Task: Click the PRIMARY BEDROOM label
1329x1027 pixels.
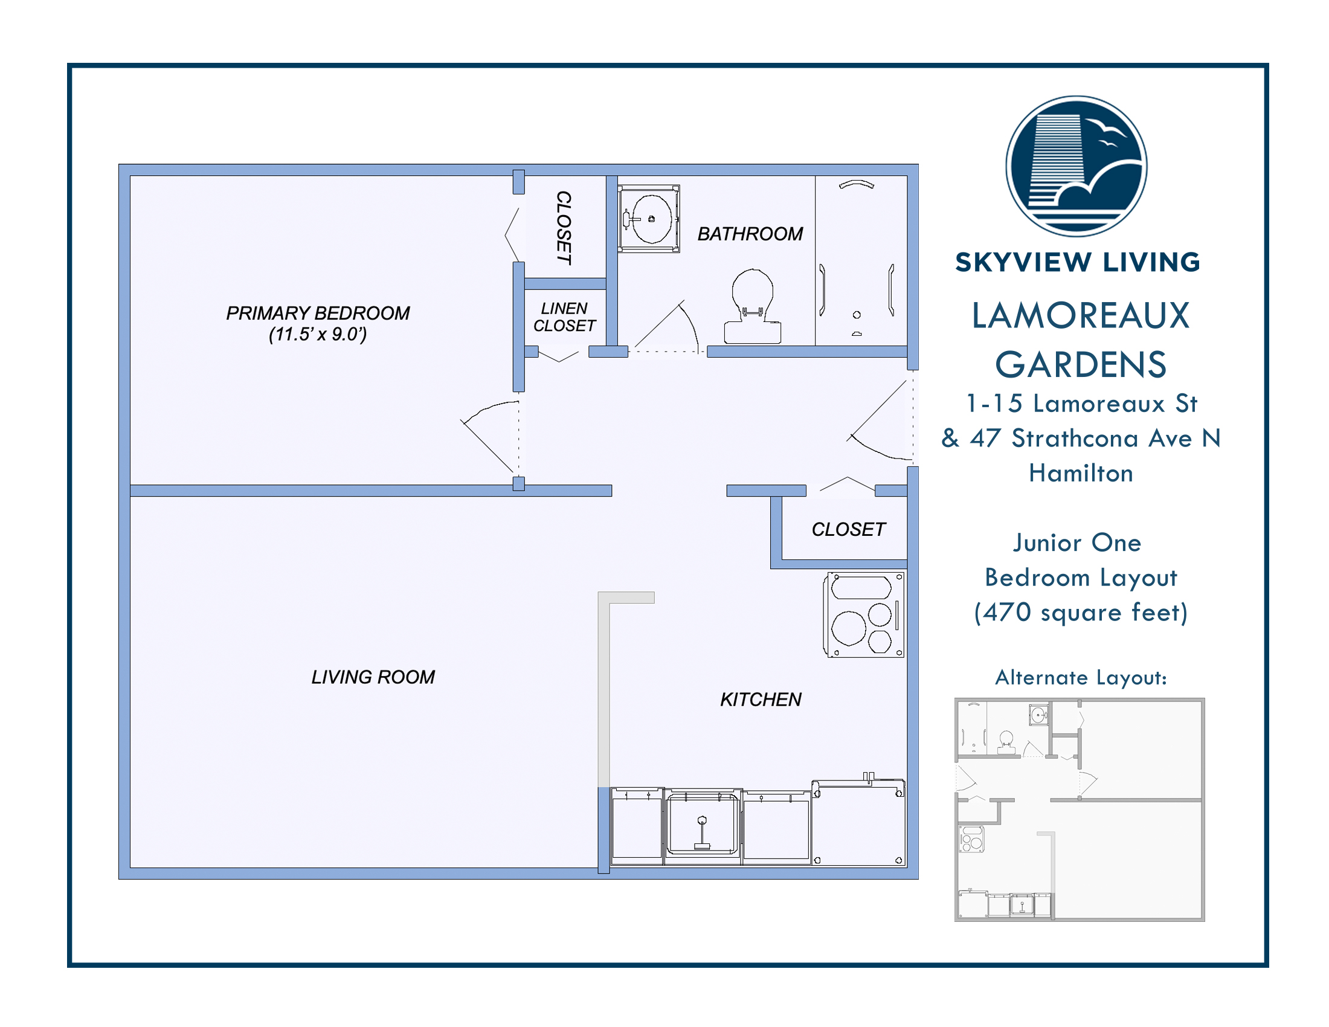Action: click(x=318, y=313)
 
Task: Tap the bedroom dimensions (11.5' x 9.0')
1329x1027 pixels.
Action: click(x=318, y=334)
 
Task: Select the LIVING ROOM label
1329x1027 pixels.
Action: click(x=373, y=677)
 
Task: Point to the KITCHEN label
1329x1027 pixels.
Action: click(x=761, y=700)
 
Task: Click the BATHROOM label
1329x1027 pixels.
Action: click(x=750, y=234)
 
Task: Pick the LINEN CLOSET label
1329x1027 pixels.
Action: click(x=565, y=317)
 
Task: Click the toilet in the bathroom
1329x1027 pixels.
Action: click(x=753, y=307)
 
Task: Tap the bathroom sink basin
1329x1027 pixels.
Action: click(x=652, y=219)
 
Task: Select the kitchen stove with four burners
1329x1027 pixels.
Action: click(x=863, y=614)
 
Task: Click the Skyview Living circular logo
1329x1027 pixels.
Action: click(x=1076, y=166)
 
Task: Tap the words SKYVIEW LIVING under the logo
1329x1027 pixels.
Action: click(x=1078, y=262)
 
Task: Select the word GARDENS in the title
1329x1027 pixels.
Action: click(x=1081, y=365)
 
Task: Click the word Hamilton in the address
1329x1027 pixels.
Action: click(x=1081, y=474)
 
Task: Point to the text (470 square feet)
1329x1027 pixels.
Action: click(x=1081, y=612)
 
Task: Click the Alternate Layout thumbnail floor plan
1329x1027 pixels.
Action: click(x=1080, y=810)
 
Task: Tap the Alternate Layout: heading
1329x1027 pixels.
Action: click(x=1081, y=677)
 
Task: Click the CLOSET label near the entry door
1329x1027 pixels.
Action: click(x=848, y=529)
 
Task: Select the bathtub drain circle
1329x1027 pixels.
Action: click(x=857, y=315)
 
